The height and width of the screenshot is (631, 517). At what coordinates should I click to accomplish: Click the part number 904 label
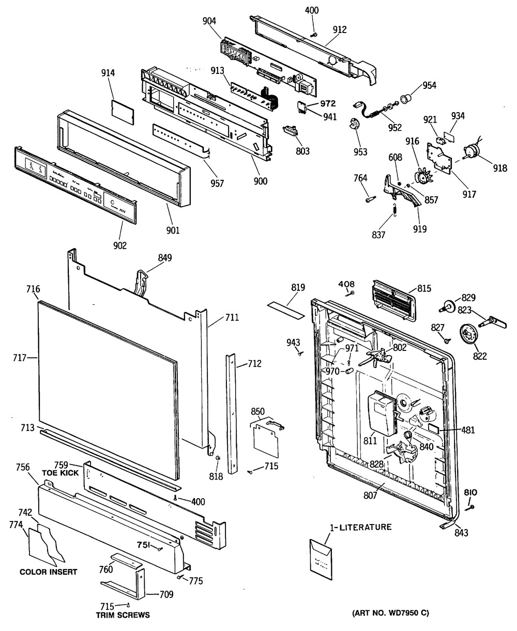(x=209, y=21)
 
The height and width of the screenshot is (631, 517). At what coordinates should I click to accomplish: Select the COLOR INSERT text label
(x=49, y=572)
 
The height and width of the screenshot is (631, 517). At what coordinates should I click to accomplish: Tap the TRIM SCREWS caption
(x=123, y=615)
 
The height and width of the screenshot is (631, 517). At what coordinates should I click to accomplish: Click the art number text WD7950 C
(x=390, y=613)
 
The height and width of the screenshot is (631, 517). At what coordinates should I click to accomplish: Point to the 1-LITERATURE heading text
(x=360, y=527)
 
